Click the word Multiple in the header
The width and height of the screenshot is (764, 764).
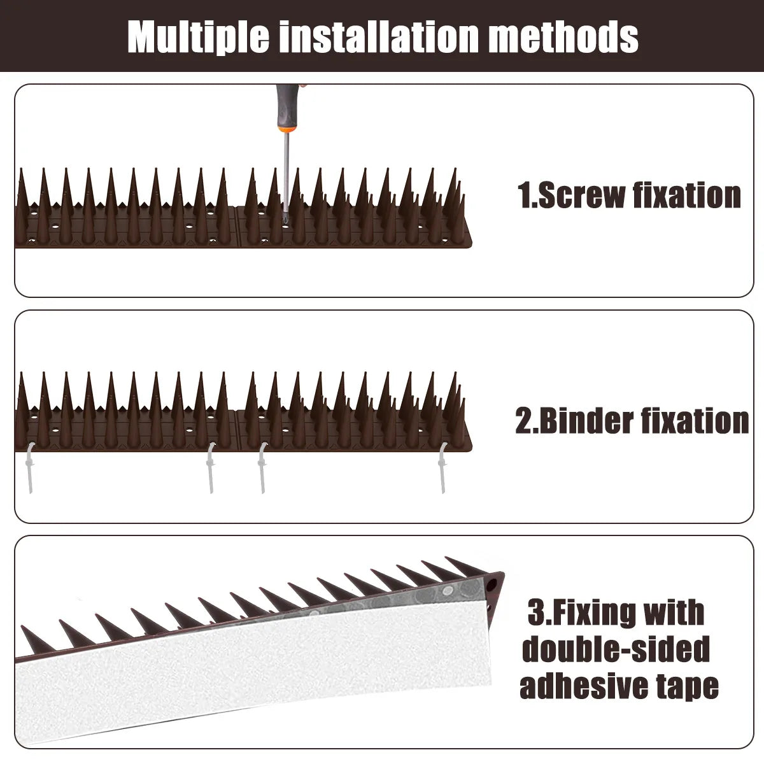(199, 37)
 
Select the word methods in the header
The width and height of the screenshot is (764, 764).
(564, 37)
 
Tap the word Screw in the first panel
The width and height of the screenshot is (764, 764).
(581, 195)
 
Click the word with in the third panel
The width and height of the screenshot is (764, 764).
(674, 613)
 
